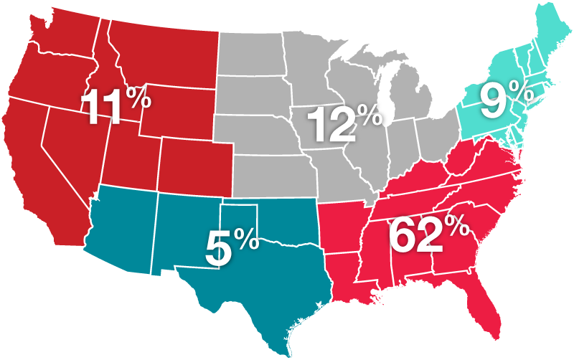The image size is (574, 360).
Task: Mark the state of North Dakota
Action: (251, 50)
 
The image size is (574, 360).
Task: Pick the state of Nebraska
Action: (258, 133)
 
